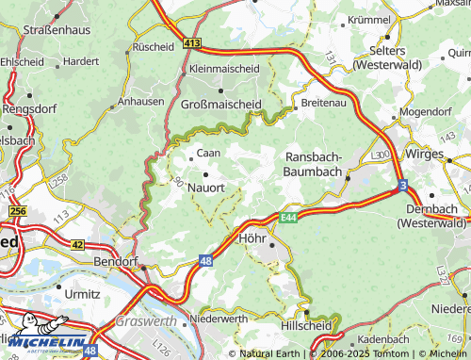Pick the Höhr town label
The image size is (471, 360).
click(255, 238)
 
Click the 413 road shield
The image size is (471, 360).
click(192, 44)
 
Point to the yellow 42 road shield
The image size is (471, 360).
click(78, 244)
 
